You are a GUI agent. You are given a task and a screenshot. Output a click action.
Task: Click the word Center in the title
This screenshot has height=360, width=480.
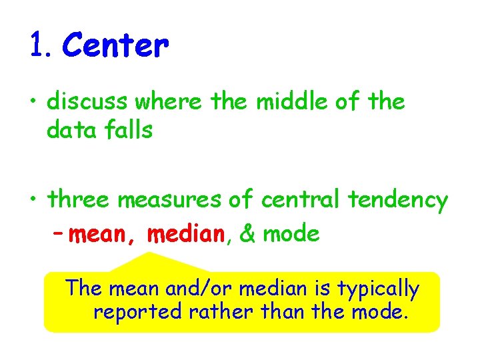115,46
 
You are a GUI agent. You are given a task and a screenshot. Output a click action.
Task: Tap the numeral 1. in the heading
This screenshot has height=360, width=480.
41,46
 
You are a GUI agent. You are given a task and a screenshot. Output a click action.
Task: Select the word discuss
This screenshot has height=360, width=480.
88,102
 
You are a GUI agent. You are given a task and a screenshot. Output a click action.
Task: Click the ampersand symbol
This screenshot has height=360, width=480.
247,234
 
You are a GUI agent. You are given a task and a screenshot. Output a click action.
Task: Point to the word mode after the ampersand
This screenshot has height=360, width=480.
291,234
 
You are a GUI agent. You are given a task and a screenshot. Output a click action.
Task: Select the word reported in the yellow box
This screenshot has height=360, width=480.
137,312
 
